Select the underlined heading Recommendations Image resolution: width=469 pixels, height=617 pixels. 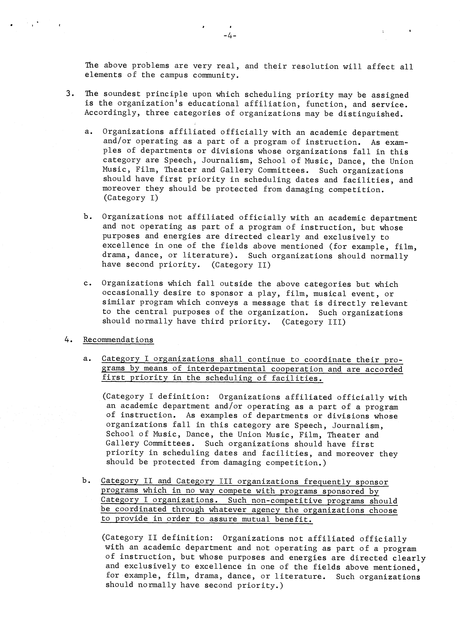118,340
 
